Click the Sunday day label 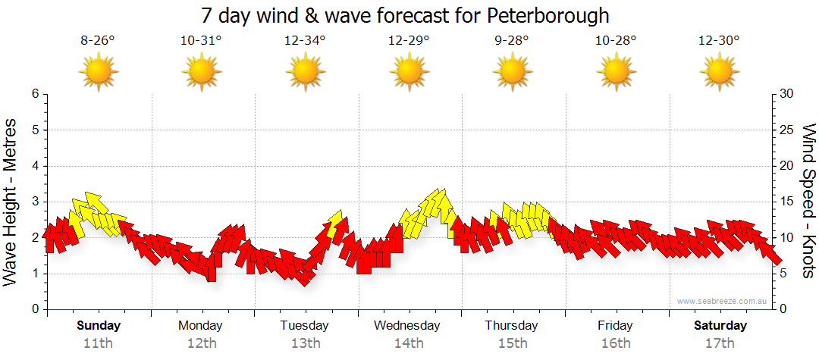click(x=99, y=326)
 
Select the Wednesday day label click(x=407, y=326)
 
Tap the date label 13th click(x=305, y=343)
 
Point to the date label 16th click(x=615, y=343)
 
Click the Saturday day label click(x=720, y=326)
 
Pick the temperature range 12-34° click(x=305, y=41)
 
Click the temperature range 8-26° click(x=98, y=41)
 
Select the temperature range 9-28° click(x=512, y=41)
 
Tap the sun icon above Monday click(x=202, y=72)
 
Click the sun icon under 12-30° click(x=719, y=72)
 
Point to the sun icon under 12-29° click(x=409, y=72)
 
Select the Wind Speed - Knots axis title click(x=808, y=201)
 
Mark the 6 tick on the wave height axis click(x=35, y=94)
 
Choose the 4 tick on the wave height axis click(x=35, y=166)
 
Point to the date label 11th click(x=99, y=343)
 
